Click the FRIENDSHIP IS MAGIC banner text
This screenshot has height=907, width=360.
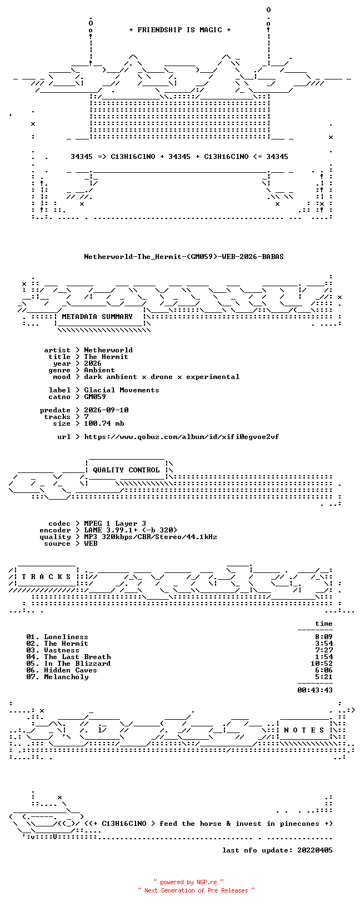[x=180, y=30]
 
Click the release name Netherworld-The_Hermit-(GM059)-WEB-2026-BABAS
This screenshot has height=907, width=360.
[x=184, y=257]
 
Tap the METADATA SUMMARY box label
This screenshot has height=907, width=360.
[x=97, y=317]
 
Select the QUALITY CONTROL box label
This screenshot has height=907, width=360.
[x=126, y=470]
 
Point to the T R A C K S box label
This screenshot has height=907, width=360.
[x=46, y=576]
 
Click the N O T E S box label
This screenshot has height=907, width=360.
[x=304, y=730]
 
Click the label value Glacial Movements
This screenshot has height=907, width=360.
[x=122, y=390]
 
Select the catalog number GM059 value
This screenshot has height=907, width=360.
[x=95, y=397]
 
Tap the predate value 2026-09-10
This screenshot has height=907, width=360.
[x=106, y=410]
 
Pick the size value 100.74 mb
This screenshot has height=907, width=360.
[x=104, y=423]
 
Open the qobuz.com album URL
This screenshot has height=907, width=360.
[x=182, y=437]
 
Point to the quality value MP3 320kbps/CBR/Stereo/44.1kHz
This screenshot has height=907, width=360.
[x=150, y=537]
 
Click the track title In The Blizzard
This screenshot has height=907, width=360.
[x=77, y=664]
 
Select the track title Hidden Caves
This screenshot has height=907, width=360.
[x=71, y=670]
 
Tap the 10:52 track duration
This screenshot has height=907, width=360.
[x=322, y=664]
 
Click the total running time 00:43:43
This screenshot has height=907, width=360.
[x=315, y=690]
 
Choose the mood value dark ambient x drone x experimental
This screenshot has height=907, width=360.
[x=162, y=377]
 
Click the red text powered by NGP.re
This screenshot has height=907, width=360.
[x=188, y=882]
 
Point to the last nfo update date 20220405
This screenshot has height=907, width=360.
[x=315, y=850]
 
